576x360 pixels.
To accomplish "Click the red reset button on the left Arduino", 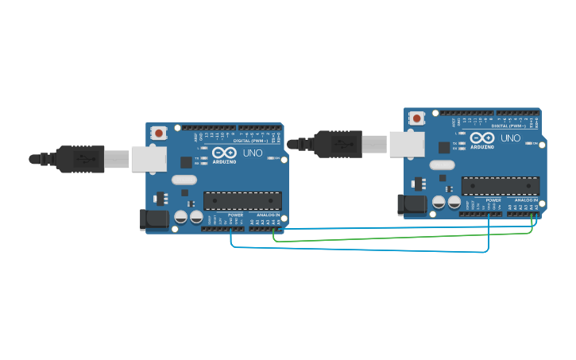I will (159, 133).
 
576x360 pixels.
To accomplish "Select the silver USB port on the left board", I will (148, 159).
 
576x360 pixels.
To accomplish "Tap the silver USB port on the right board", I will (406, 144).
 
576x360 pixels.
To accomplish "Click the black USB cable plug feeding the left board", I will (80, 159).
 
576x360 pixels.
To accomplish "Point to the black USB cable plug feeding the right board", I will (338, 144).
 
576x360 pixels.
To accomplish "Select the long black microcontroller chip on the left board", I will (242, 201).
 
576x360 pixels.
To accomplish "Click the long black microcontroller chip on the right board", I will (501, 186).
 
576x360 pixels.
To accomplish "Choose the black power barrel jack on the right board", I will (411, 204).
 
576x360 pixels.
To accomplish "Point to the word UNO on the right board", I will (511, 137).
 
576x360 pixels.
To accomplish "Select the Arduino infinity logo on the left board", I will (224, 152).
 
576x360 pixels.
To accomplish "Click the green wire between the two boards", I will (397, 236).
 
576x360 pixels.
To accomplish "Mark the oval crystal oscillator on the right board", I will (443, 165).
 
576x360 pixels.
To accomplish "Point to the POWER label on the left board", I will (235, 215).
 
